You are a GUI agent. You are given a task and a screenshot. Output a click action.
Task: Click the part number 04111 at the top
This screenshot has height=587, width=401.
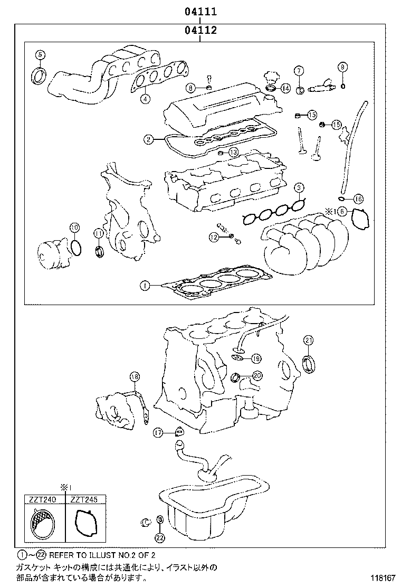(x=200, y=11)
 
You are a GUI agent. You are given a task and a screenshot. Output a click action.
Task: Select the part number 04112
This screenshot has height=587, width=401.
(x=200, y=31)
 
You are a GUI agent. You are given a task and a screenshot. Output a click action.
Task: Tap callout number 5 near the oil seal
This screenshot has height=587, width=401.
(x=41, y=54)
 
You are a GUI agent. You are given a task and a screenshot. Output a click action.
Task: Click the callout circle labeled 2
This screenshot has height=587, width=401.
(x=149, y=139)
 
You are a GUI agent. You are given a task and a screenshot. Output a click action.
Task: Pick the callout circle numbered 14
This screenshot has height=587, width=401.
(x=285, y=88)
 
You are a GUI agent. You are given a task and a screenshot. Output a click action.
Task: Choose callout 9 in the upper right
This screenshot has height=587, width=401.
(x=342, y=67)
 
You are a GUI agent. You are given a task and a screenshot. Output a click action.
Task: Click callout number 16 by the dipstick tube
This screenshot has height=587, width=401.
(x=358, y=199)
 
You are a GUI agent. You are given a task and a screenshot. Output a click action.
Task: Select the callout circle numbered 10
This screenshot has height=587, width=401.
(x=74, y=228)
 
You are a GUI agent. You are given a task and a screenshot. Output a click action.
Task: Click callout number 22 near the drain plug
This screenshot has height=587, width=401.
(x=160, y=537)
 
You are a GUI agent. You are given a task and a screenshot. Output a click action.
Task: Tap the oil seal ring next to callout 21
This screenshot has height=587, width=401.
(x=310, y=364)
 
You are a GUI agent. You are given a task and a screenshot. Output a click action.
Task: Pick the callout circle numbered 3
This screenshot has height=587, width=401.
(x=299, y=187)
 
